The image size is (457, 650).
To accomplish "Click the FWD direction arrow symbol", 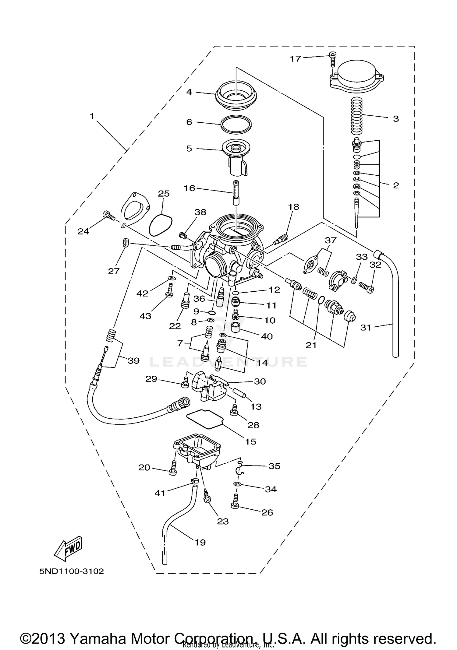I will pyautogui.click(x=68, y=549).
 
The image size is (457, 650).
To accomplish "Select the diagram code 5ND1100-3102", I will pyautogui.click(x=72, y=571).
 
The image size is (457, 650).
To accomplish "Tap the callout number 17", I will pyautogui.click(x=295, y=58).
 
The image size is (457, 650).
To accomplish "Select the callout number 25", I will pyautogui.click(x=164, y=194).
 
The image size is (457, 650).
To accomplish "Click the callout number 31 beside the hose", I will pyautogui.click(x=366, y=328).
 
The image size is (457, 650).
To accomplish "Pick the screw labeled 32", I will pyautogui.click(x=366, y=286).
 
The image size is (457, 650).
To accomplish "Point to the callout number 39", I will pyautogui.click(x=133, y=360).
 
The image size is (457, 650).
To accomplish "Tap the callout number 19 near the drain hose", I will pyautogui.click(x=200, y=542).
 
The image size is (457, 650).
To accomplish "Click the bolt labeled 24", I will pyautogui.click(x=109, y=215).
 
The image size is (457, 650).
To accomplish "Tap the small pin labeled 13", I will pyautogui.click(x=240, y=392).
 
